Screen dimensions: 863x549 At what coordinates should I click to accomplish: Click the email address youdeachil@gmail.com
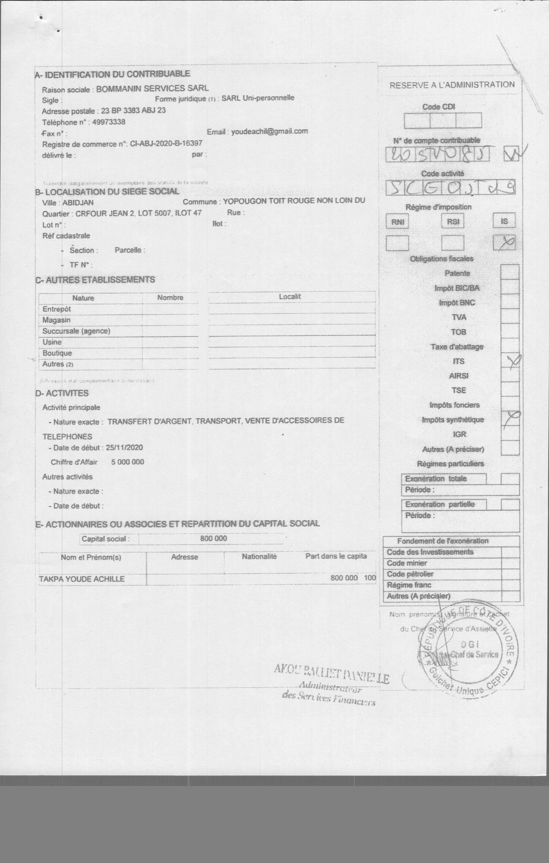click(x=269, y=131)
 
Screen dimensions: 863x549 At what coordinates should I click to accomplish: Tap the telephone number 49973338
click(x=108, y=122)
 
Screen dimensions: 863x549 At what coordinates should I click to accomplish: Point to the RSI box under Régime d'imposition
click(x=453, y=221)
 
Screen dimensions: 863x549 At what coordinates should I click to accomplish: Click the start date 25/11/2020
click(x=124, y=448)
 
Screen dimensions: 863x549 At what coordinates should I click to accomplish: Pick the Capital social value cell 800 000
click(x=214, y=538)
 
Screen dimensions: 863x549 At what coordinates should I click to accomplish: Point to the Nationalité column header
click(x=259, y=557)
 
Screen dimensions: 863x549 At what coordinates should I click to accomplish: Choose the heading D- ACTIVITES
click(x=62, y=393)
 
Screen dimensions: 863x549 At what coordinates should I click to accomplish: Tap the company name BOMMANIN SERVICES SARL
click(x=152, y=89)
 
